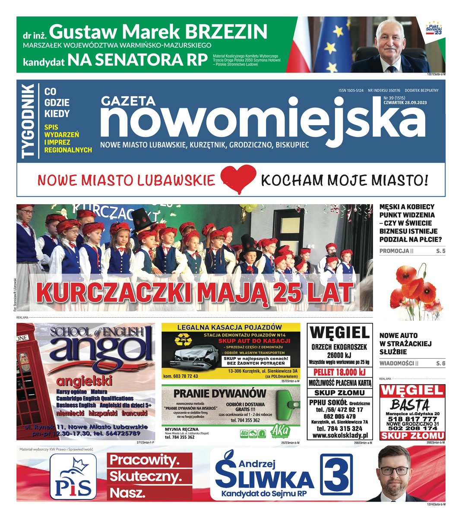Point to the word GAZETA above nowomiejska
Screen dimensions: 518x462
tap(128, 101)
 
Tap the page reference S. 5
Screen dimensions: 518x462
tap(440, 251)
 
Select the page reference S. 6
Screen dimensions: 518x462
tap(440, 364)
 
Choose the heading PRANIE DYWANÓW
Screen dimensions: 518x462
tap(220, 393)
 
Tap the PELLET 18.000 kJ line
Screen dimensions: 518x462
tap(339, 372)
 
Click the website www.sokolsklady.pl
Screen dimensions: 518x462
tap(339, 436)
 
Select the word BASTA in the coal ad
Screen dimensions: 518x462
tap(410, 405)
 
